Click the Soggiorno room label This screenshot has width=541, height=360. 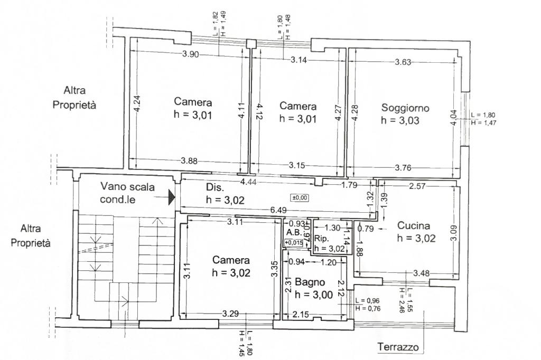tap(405, 108)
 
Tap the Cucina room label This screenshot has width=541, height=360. tap(414, 226)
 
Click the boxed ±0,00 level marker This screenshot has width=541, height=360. tap(300, 197)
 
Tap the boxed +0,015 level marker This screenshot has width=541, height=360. tap(294, 242)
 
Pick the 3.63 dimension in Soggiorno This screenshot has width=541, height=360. tap(404, 62)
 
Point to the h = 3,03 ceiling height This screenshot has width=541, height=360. tap(400, 120)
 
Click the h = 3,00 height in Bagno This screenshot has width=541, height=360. tap(314, 295)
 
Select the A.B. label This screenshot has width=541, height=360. tap(294, 232)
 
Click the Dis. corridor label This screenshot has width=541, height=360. tap(215, 187)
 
